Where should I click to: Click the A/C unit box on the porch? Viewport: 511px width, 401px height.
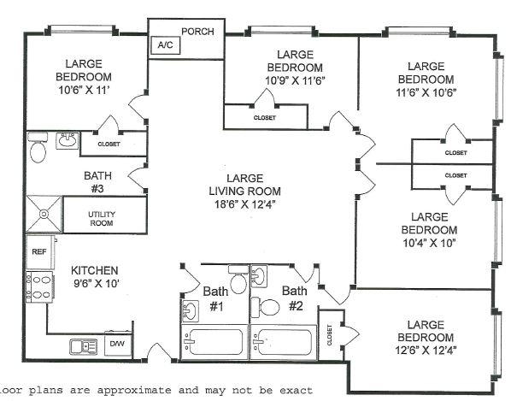[166, 45]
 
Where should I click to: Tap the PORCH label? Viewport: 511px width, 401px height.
[197, 32]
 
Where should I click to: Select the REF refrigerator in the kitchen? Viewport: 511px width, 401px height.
[40, 252]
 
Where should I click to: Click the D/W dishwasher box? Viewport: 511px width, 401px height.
[117, 344]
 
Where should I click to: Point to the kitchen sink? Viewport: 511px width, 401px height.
[84, 346]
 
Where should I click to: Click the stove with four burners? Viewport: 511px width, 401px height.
[39, 287]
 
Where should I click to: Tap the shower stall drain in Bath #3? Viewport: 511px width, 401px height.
[44, 215]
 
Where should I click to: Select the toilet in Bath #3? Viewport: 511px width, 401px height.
[38, 148]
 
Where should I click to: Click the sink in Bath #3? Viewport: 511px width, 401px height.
[68, 141]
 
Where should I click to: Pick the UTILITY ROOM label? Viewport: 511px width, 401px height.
[102, 219]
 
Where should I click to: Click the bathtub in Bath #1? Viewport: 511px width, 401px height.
[214, 342]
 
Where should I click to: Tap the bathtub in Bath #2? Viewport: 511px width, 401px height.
[284, 342]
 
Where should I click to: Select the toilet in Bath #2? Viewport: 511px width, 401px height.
[265, 307]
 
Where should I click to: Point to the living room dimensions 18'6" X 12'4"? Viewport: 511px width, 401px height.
[244, 204]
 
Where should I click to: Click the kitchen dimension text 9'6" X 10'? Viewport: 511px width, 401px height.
[96, 284]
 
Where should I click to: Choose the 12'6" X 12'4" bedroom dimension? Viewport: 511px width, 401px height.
[426, 351]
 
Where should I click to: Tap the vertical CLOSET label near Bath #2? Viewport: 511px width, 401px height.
[329, 335]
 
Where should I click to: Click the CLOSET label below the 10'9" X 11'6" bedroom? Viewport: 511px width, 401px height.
[265, 118]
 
